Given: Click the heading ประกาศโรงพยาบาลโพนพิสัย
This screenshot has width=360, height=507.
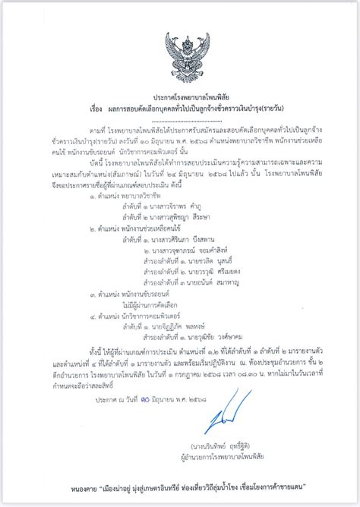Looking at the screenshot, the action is [x=180, y=99].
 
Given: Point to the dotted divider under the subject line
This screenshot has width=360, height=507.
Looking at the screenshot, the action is [x=180, y=121].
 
